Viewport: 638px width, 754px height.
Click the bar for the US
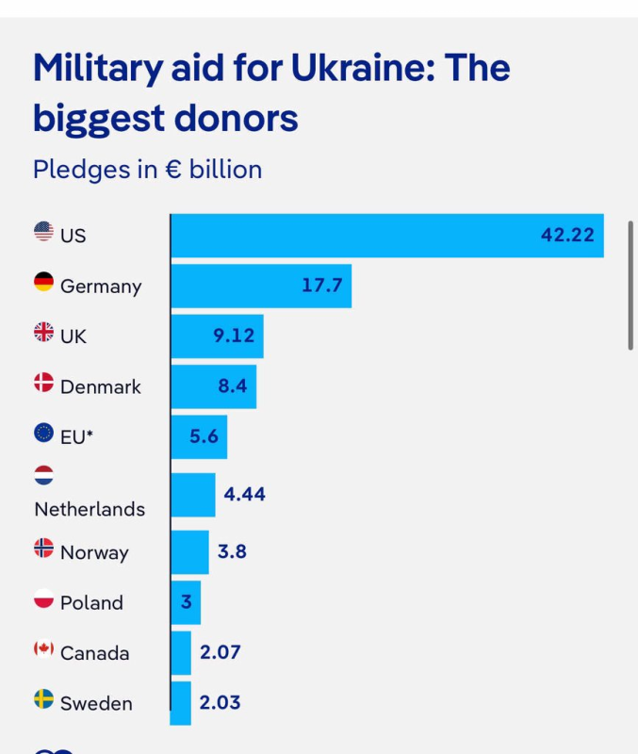pos(386,236)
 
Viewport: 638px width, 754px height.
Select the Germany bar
pos(261,286)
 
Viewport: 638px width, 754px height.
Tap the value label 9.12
pos(234,336)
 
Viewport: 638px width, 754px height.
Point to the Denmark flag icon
pos(43,382)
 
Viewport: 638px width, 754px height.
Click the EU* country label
pos(76,436)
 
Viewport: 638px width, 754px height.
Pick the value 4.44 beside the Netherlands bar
pos(244,494)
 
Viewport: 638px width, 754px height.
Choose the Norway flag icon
pos(43,548)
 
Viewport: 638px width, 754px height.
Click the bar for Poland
pos(186,602)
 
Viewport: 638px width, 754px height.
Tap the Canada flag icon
pos(43,648)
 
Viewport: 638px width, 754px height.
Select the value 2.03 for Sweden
pos(220,703)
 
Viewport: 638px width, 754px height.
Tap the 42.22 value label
pos(567,236)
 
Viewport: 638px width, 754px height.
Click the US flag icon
pos(43,230)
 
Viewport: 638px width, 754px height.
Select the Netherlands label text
pos(90,509)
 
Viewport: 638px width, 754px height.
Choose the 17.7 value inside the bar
pos(321,286)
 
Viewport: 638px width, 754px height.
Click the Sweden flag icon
pos(43,698)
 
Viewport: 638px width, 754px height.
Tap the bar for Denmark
pos(213,386)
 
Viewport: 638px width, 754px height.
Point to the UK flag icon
pos(43,331)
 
